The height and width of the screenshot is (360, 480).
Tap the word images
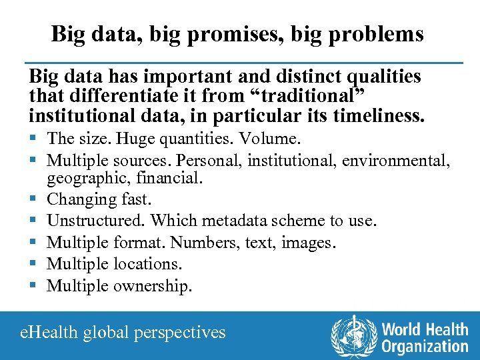coord(309,243)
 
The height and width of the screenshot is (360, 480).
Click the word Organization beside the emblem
coord(425,346)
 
